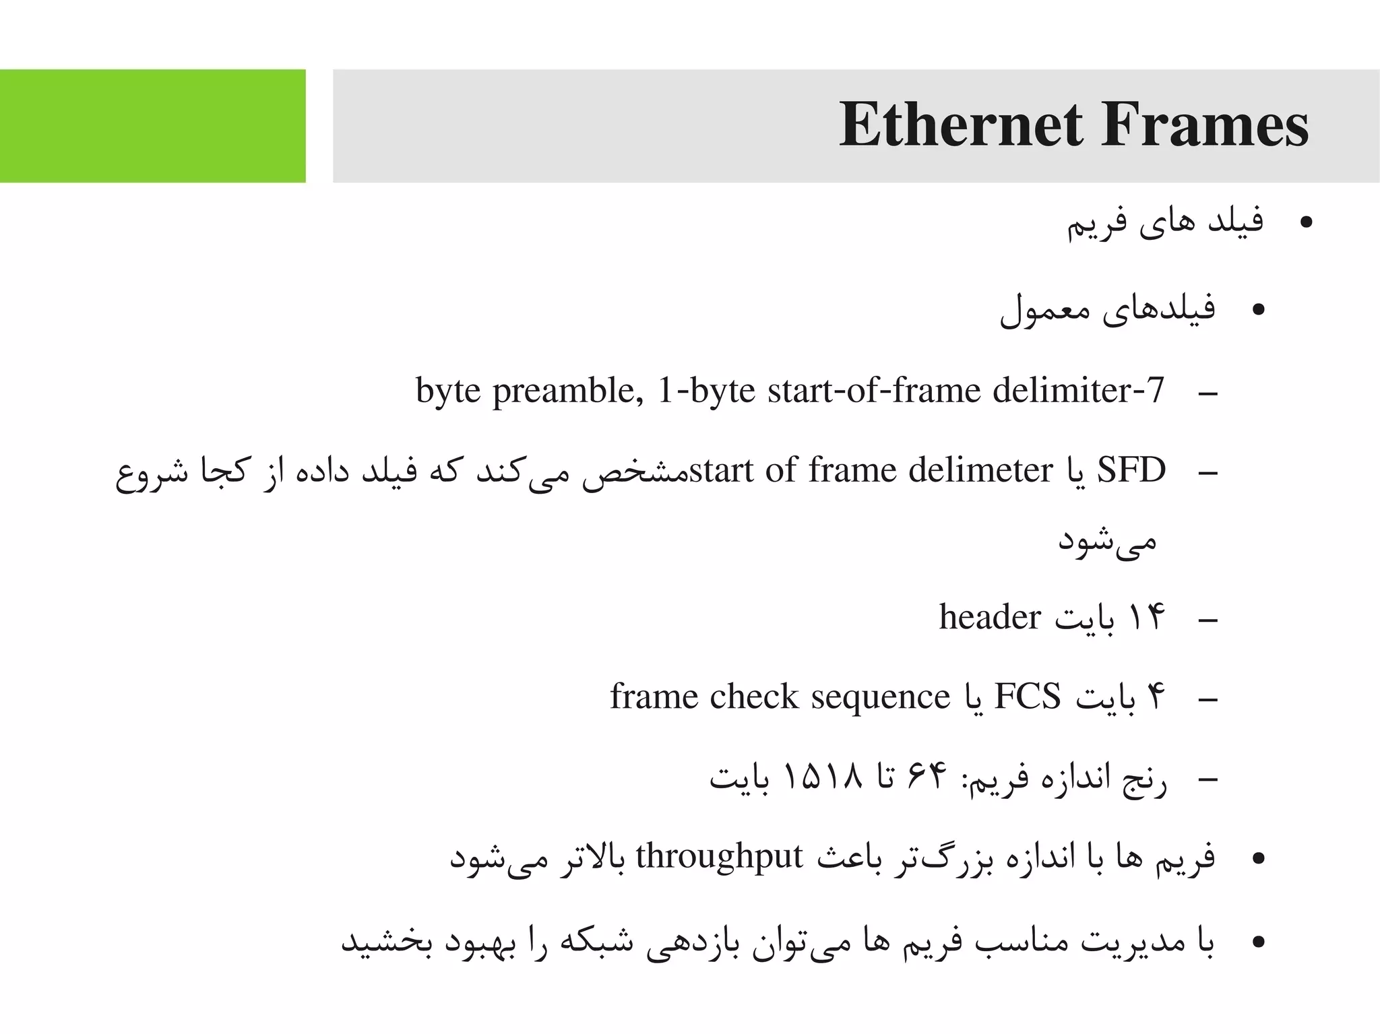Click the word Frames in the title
(x=1204, y=126)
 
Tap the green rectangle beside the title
(x=152, y=126)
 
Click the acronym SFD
(x=1131, y=470)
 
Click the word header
(x=990, y=617)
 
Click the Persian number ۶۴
(x=928, y=777)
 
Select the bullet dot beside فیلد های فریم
(x=1307, y=223)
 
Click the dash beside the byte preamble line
(x=1208, y=393)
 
